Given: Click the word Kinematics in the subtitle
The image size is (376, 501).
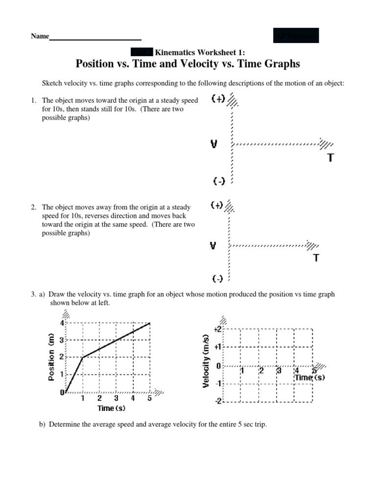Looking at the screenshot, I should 174,52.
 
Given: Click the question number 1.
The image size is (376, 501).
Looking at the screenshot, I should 33,100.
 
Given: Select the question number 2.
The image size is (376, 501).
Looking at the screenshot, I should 33,207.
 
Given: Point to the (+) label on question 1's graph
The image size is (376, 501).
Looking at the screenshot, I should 218,98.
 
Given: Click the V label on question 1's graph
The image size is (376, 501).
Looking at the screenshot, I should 214,144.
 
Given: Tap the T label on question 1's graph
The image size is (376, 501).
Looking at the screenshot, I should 331,158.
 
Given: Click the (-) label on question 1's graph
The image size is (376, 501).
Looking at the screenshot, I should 219,181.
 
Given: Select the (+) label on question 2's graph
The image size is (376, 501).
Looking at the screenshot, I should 217,205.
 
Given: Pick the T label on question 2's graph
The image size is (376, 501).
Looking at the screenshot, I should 316,258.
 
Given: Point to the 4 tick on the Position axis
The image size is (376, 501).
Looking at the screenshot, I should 62,323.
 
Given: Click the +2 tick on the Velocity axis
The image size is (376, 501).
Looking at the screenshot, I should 218,330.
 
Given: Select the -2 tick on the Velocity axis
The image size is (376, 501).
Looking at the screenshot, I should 219,401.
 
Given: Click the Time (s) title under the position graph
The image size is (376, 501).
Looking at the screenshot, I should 112,408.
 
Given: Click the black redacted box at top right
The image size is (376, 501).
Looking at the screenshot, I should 296,36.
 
